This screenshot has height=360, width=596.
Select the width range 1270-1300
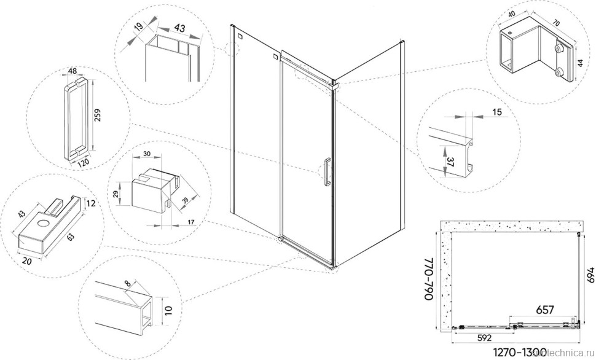point(519,352)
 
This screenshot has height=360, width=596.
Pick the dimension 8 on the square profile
point(127,283)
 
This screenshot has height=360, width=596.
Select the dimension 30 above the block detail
point(147,154)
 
